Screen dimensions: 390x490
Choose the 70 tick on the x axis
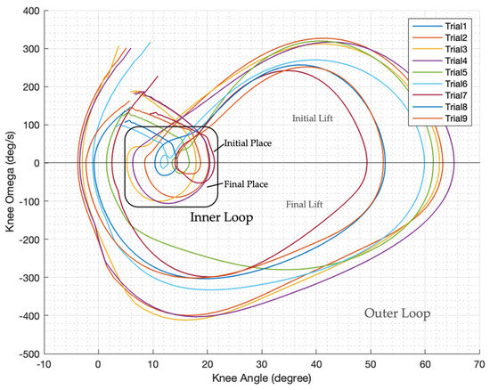[479, 365]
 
